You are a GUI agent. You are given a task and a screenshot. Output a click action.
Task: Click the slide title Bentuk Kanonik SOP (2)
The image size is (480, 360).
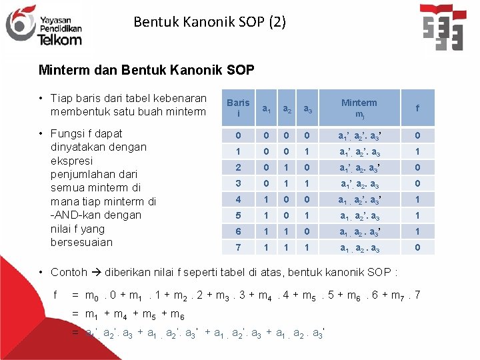click(x=209, y=21)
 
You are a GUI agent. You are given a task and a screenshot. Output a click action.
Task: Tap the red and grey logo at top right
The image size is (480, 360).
click(x=443, y=27)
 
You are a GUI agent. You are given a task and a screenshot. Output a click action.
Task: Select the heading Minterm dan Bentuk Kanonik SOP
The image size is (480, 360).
click(x=146, y=70)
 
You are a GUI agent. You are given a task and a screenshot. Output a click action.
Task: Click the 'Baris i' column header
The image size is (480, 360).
click(x=238, y=108)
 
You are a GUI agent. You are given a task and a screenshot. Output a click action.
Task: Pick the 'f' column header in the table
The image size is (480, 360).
click(x=417, y=108)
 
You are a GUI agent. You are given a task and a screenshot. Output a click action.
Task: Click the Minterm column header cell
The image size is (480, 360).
click(x=359, y=108)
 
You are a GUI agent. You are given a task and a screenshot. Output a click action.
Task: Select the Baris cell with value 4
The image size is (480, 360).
click(x=238, y=199)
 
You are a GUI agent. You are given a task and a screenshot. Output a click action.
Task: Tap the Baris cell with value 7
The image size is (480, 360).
click(x=238, y=247)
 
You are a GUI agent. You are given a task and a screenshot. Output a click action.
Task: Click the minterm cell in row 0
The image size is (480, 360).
click(x=359, y=135)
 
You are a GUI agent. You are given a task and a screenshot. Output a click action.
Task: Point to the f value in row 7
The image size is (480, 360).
click(x=417, y=247)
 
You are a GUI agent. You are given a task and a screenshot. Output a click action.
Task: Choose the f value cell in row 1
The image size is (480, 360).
click(x=417, y=151)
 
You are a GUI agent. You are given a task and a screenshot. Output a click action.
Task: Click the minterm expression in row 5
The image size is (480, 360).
click(x=359, y=215)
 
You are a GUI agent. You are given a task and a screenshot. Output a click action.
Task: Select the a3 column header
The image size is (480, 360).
click(x=307, y=108)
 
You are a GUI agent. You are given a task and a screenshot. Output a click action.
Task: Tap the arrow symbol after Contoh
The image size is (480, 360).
click(x=96, y=272)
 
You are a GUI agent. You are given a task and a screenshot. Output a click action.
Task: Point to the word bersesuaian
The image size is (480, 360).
click(x=81, y=242)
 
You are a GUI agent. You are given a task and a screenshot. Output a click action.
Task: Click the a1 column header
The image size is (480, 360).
click(x=266, y=108)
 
